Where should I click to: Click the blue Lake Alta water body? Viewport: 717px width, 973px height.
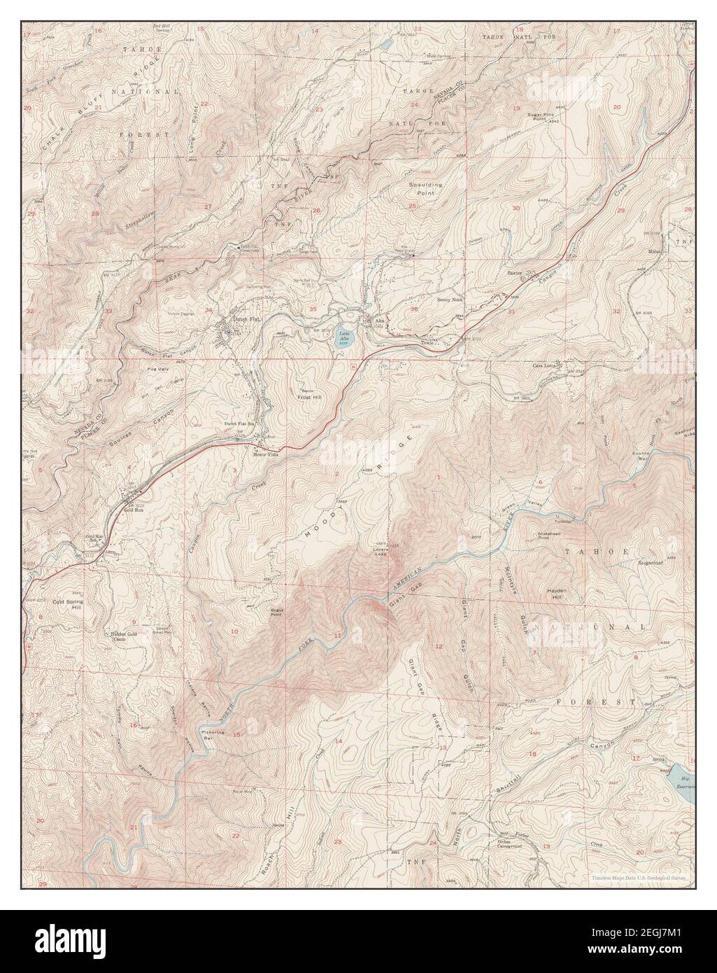[344, 338]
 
